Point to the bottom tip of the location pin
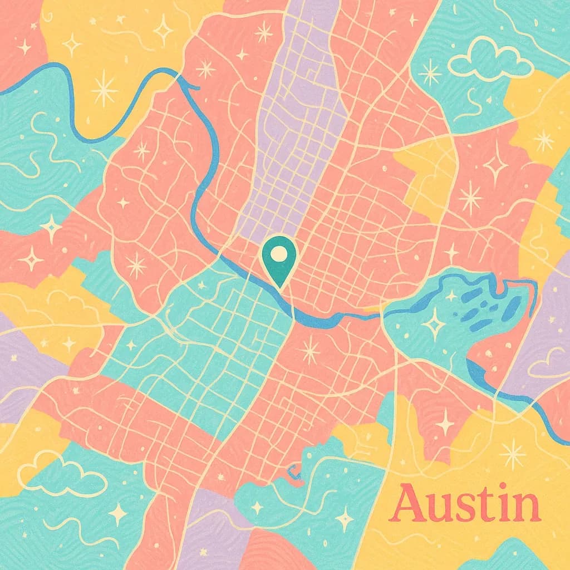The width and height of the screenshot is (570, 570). pos(280,287)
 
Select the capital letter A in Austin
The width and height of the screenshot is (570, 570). pos(408,503)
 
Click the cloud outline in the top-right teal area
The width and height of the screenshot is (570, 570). pos(490,60)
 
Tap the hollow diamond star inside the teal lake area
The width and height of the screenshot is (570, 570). pos(433,323)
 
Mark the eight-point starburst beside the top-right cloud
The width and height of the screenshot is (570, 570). pos(430,73)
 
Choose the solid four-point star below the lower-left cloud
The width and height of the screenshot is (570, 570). pos(117,514)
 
